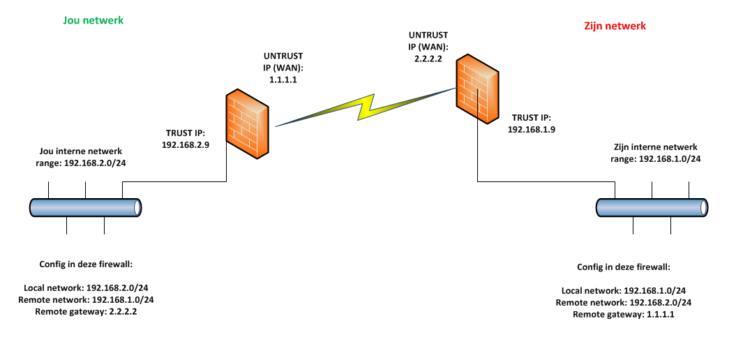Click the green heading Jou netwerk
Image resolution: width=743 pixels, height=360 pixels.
pos(93,20)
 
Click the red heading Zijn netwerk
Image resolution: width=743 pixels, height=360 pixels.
pos(615,26)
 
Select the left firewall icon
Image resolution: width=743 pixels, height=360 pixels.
pos(248,124)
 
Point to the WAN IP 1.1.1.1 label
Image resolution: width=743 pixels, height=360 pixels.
pos(284,81)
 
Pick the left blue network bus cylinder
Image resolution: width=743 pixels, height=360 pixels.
pos(86,207)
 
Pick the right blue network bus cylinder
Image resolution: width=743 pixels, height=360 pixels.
pos(652,207)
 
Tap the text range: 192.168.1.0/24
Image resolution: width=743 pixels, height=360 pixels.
pos(655,158)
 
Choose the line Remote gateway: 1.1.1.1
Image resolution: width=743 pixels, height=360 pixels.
pos(624,315)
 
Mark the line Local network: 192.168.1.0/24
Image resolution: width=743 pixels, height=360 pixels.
pos(624,291)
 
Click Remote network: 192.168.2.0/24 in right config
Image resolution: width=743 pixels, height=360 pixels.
pos(624,303)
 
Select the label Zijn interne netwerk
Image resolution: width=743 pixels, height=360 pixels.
pos(655,147)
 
